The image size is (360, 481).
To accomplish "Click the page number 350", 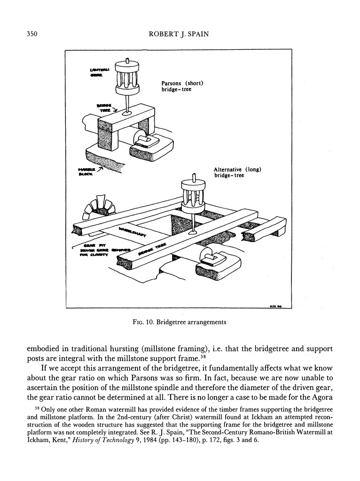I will click(29, 34).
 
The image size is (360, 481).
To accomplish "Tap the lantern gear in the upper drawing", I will click(128, 77).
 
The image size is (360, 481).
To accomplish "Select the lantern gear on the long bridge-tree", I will click(193, 194).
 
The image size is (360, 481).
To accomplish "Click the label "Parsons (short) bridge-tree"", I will click(182, 86).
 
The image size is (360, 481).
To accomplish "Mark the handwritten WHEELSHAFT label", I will click(133, 231).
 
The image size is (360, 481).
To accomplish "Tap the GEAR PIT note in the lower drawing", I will click(101, 249).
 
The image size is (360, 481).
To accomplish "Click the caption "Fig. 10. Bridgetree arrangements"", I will click(180, 322).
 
